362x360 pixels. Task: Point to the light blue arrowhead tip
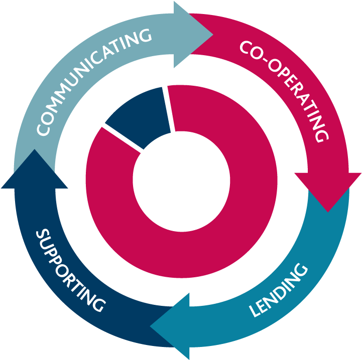212,35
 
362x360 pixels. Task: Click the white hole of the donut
181,182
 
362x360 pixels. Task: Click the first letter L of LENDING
255,311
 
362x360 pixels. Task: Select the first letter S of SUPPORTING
43,235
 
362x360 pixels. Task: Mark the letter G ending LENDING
301,270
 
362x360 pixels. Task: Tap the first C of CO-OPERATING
246,47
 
